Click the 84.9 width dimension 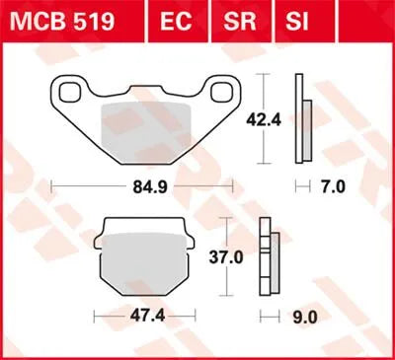pyautogui.click(x=150, y=185)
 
